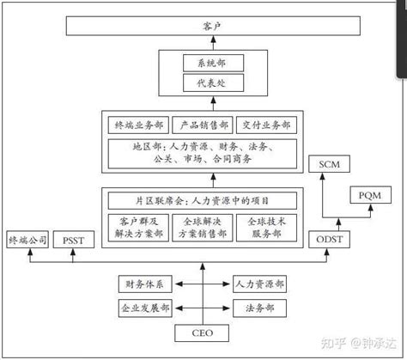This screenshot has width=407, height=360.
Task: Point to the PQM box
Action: point(369,195)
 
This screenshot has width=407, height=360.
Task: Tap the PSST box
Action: point(73,241)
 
